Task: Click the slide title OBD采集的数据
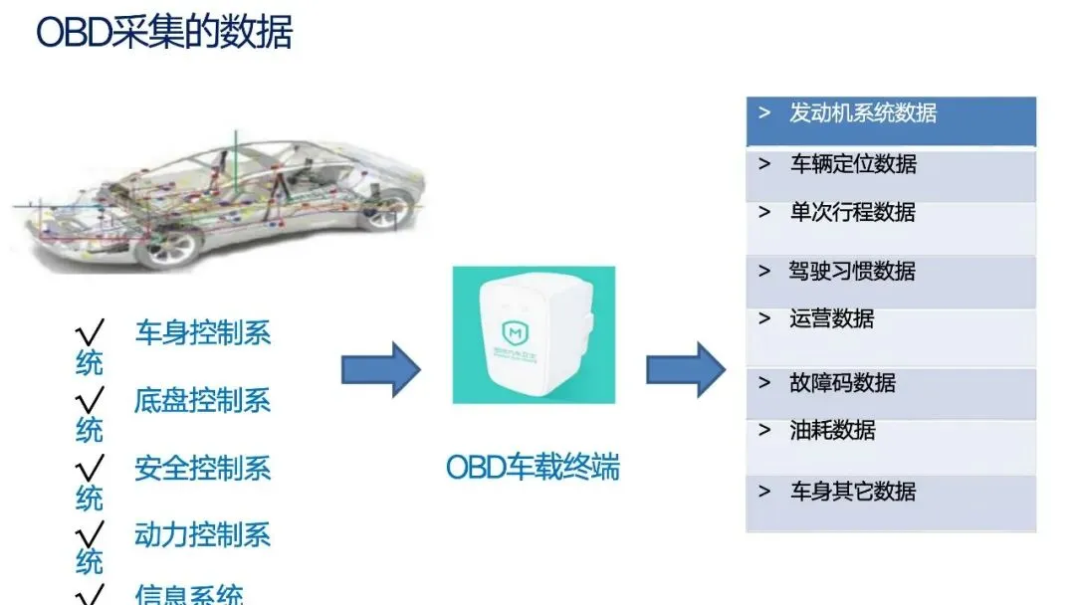tap(164, 32)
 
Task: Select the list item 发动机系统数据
tap(863, 113)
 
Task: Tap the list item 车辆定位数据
tap(853, 164)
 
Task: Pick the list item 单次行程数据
tap(853, 213)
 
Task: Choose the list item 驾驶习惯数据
tap(853, 271)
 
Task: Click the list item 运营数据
tap(832, 318)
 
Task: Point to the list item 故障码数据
tap(842, 383)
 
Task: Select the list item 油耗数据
tap(832, 431)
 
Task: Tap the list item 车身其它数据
tap(853, 492)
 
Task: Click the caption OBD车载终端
tap(533, 467)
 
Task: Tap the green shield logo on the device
tap(517, 331)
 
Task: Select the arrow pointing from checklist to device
tap(381, 369)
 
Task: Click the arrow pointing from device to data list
tap(686, 369)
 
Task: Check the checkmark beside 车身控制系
tap(91, 332)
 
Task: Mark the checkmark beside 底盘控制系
tap(91, 400)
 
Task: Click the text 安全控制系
tap(202, 468)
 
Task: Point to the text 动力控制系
tap(202, 534)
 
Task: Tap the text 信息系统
tap(188, 595)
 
